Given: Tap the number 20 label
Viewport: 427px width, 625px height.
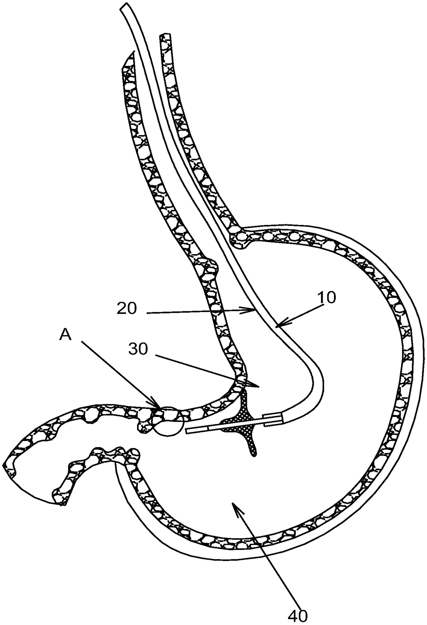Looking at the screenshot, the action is (x=127, y=309).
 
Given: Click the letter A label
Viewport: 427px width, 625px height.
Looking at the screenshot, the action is (x=65, y=335).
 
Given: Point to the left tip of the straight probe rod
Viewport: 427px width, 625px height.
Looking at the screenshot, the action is (x=187, y=431).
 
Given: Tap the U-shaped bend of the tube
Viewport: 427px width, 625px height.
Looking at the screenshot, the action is (x=319, y=382).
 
